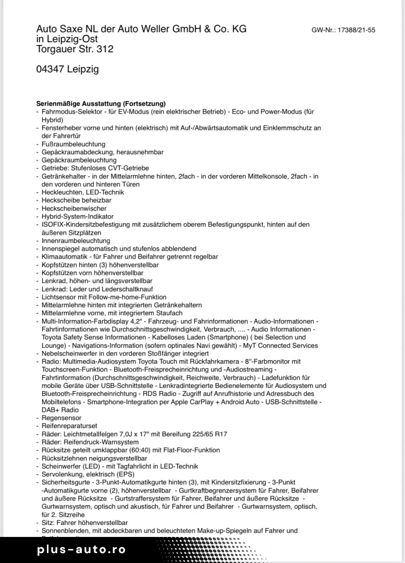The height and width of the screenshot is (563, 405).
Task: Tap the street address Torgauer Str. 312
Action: point(75,50)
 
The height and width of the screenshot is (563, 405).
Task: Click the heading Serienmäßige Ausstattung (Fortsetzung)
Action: point(101,104)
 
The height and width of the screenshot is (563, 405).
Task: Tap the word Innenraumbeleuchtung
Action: point(76,241)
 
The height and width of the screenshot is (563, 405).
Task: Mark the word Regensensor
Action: point(62,418)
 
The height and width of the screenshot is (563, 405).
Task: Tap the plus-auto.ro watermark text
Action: point(81,549)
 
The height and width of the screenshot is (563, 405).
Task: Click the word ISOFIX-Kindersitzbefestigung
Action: point(86,225)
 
